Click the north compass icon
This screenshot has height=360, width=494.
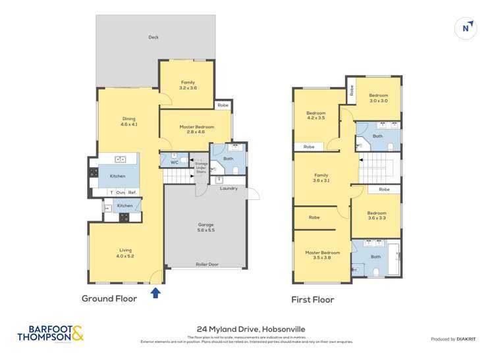pyautogui.click(x=466, y=28)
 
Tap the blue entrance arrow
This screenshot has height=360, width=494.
pyautogui.click(x=155, y=292)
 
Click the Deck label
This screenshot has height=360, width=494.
pyautogui.click(x=153, y=38)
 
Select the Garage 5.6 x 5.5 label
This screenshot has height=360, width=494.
pyautogui.click(x=206, y=228)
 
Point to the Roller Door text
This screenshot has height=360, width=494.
pyautogui.click(x=206, y=265)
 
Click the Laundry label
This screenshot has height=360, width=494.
pyautogui.click(x=229, y=189)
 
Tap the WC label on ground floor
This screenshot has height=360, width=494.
pyautogui.click(x=174, y=162)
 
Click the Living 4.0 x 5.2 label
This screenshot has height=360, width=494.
pyautogui.click(x=125, y=253)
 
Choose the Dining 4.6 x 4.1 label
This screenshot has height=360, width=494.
pyautogui.click(x=128, y=122)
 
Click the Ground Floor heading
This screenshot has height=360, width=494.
pyautogui.click(x=109, y=299)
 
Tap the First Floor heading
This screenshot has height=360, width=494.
pyautogui.click(x=313, y=299)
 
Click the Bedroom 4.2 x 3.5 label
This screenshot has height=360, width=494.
pyautogui.click(x=316, y=115)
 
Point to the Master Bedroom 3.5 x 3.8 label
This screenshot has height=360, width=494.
pyautogui.click(x=322, y=255)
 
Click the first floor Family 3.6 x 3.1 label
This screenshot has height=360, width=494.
pyautogui.click(x=321, y=178)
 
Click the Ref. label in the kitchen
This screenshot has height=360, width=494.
pyautogui.click(x=132, y=192)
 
